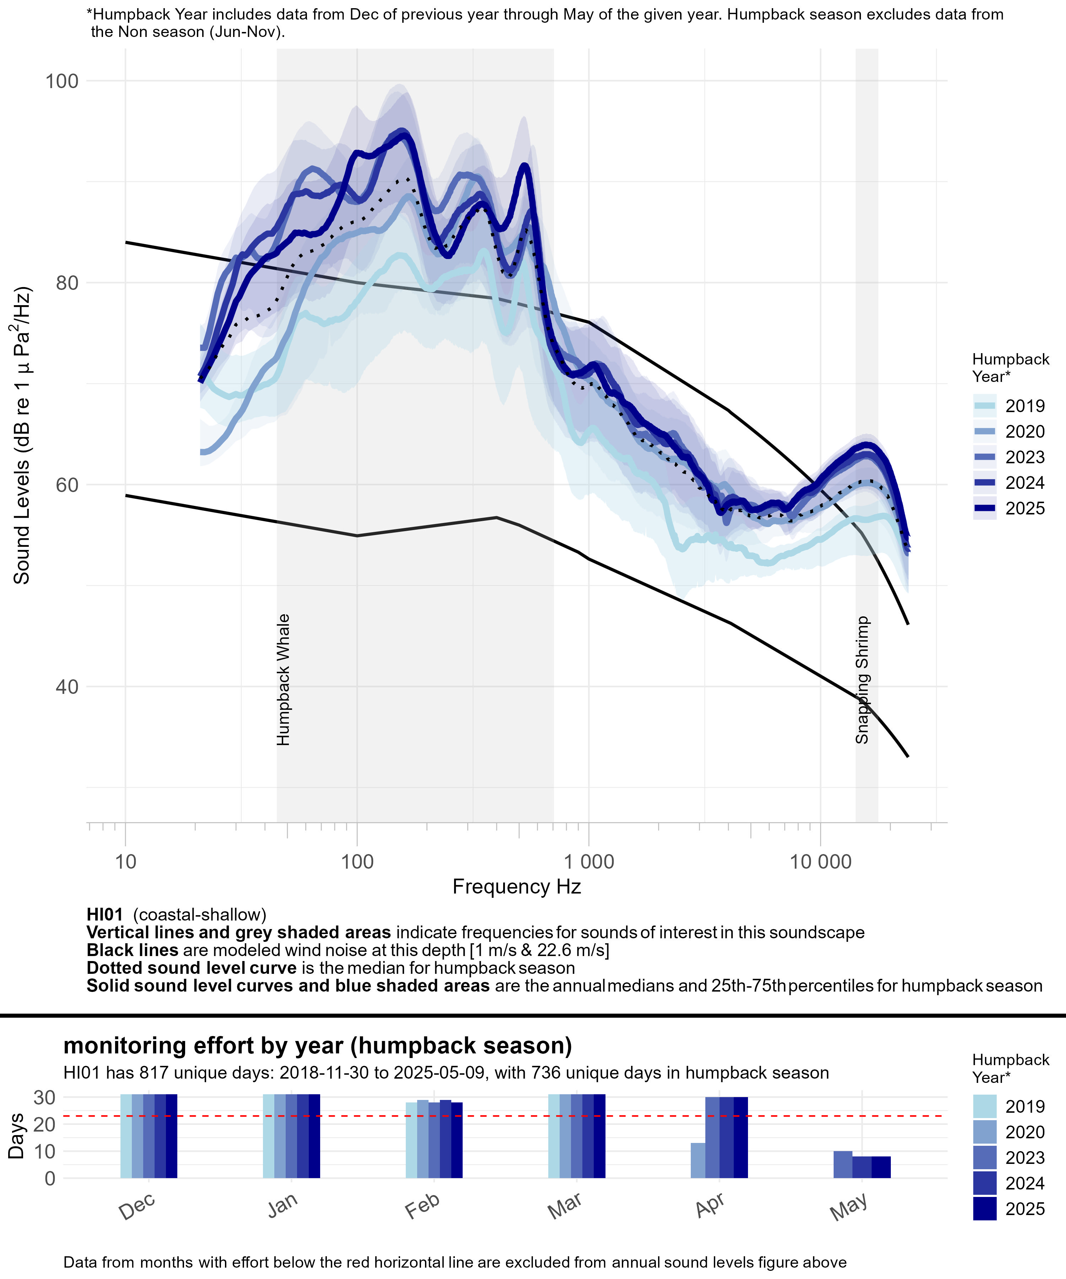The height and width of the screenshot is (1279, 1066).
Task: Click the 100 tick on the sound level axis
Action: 62,81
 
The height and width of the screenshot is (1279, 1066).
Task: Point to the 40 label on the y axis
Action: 67,687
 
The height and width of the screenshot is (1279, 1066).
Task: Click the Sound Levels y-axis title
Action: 22,436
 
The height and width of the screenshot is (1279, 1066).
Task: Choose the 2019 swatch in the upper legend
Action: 984,406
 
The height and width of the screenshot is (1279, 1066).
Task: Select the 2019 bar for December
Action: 126,1137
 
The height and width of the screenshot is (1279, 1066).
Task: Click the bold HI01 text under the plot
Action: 105,915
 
